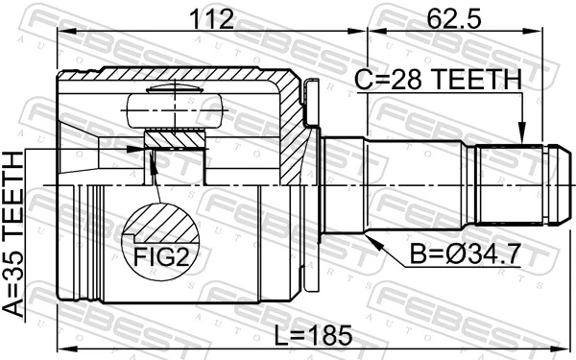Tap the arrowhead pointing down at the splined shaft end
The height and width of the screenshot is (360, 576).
521,137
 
